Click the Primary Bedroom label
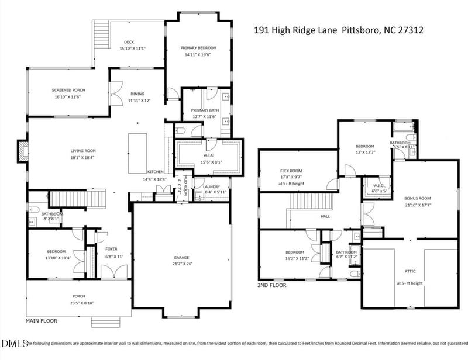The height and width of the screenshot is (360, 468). click(x=198, y=48)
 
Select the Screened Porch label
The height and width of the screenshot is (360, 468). click(x=68, y=90)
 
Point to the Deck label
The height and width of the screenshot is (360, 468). click(x=129, y=42)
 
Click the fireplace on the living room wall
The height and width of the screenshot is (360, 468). click(x=22, y=151)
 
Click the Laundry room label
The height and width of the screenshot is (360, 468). click(x=211, y=186)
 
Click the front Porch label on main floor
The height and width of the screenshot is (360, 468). click(x=78, y=296)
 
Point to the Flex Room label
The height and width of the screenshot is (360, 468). click(x=291, y=171)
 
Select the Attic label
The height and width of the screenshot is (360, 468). click(x=409, y=271)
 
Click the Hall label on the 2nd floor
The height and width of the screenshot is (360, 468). click(x=325, y=216)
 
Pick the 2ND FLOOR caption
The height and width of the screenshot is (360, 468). click(x=272, y=286)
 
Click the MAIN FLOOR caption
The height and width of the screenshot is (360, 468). click(x=40, y=321)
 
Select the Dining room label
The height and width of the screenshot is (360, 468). click(x=137, y=94)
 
